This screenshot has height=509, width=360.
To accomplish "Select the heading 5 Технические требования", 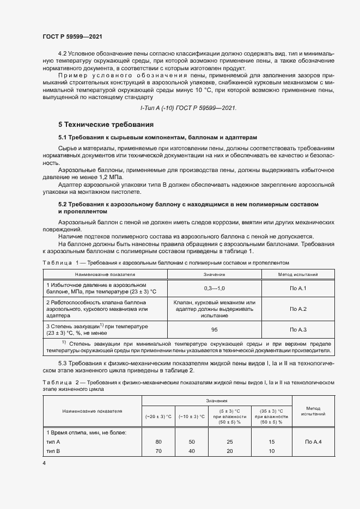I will tap(105, 125).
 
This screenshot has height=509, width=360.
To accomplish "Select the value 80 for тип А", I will tap(158, 441).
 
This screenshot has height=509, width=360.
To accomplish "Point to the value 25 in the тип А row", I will tap(230, 441).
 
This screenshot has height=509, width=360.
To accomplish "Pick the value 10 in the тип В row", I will tap(272, 451).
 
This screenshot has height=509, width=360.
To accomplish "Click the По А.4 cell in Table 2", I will tap(313, 441).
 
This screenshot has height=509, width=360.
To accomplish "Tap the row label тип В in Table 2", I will tap(54, 451).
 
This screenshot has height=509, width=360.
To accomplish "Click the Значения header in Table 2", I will tap(217, 401).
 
